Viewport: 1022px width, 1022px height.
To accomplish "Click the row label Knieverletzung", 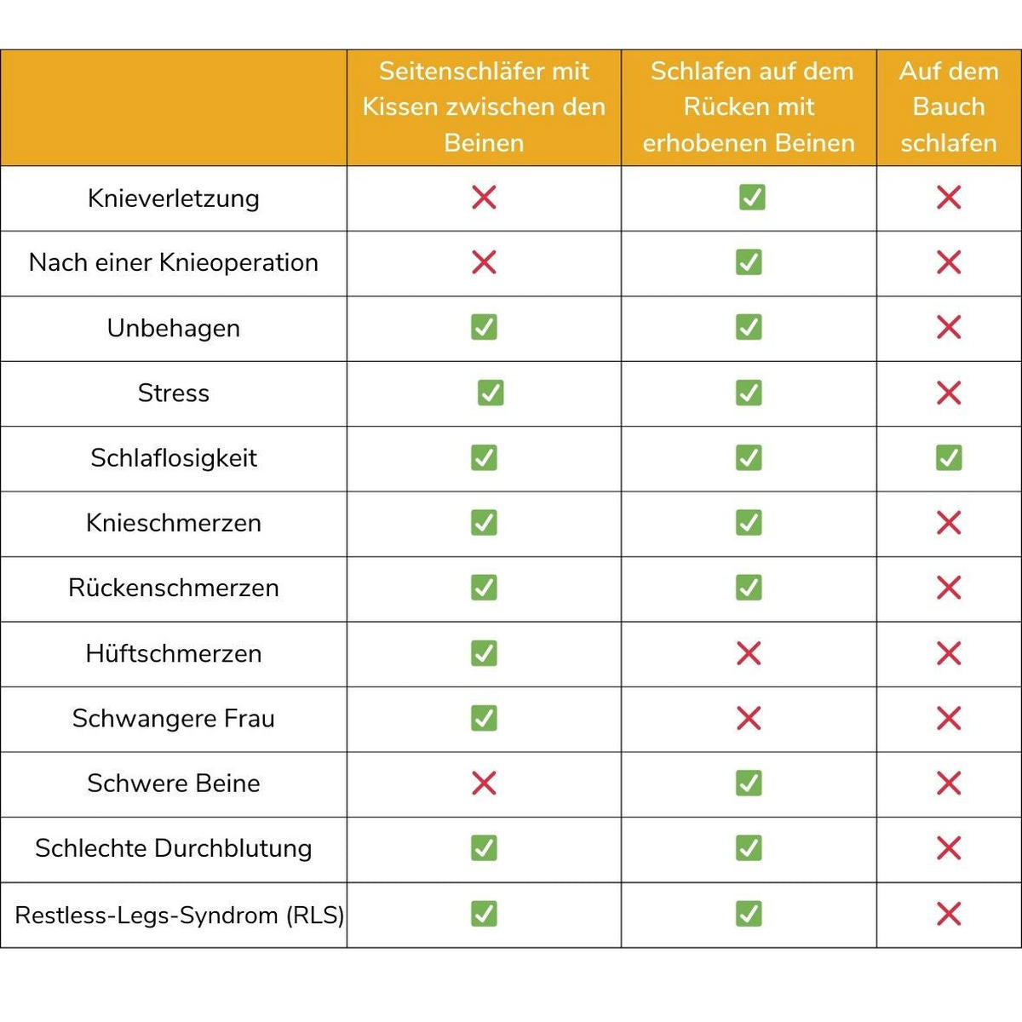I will (x=173, y=198).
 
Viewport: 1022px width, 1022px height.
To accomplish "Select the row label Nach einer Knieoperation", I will (x=173, y=263).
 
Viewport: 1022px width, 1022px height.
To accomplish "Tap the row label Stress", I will (x=173, y=393).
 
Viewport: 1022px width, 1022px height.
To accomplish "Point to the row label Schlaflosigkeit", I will (x=173, y=458).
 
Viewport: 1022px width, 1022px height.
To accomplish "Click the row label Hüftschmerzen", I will (x=173, y=654).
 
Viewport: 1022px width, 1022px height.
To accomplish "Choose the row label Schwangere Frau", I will (x=173, y=719).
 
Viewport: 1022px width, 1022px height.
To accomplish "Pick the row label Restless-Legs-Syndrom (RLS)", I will (x=180, y=916).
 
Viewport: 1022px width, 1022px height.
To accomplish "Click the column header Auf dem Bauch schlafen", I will (x=949, y=106).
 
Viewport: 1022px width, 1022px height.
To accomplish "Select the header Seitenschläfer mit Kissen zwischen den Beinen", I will (x=484, y=106).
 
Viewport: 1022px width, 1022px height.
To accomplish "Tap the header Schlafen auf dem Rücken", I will (x=749, y=106).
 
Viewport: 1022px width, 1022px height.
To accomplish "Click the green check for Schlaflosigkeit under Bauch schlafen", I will (x=949, y=457).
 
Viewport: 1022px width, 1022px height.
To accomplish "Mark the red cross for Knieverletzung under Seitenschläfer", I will (x=484, y=198).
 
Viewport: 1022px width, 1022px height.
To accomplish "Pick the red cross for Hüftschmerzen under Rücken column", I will (x=749, y=653).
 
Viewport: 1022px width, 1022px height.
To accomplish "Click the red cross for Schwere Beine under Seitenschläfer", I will (x=484, y=783).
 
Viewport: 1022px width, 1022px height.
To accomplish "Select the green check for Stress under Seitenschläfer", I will (x=491, y=393).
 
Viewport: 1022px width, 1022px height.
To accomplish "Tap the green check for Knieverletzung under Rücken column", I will (x=752, y=198).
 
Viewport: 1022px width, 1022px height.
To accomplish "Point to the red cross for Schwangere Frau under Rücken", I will (x=749, y=718).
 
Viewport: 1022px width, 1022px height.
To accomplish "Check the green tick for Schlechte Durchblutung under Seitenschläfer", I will (x=484, y=848).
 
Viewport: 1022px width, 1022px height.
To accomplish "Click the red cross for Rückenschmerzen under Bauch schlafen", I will (x=949, y=588).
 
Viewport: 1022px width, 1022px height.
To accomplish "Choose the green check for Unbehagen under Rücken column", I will (x=749, y=327).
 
